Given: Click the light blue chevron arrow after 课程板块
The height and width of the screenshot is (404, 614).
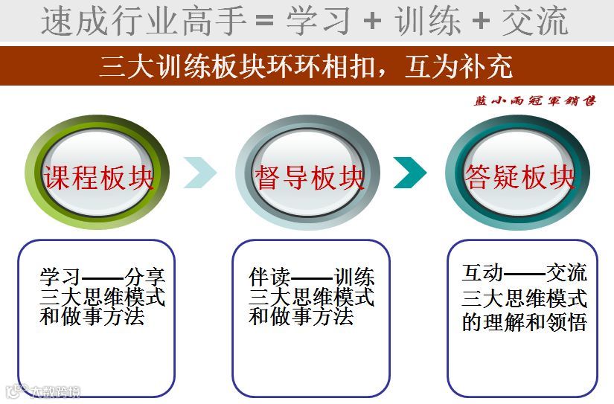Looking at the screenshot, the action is pyautogui.click(x=199, y=173).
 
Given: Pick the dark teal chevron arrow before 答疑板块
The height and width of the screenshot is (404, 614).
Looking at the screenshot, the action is pyautogui.click(x=409, y=173).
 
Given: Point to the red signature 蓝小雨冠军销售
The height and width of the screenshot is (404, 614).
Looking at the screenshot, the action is pyautogui.click(x=534, y=101).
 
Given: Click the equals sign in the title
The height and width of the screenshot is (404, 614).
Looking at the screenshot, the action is pyautogui.click(x=265, y=21).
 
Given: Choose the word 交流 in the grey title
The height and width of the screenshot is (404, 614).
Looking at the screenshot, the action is pyautogui.click(x=535, y=21).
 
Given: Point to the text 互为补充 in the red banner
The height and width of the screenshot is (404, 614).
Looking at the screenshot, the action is pyautogui.click(x=458, y=67).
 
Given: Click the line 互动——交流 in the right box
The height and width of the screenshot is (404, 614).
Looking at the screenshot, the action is pyautogui.click(x=524, y=273).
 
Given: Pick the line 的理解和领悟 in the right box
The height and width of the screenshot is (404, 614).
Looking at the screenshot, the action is pyautogui.click(x=524, y=324).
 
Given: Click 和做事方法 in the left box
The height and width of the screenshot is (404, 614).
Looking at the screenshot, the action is pyautogui.click(x=92, y=317).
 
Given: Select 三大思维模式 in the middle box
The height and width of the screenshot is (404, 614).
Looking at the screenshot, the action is pyautogui.click(x=312, y=298).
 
